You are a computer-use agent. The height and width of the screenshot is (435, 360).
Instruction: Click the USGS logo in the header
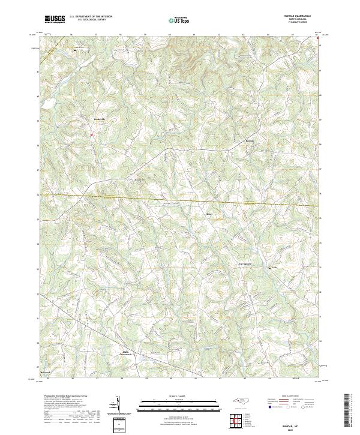(x=55, y=20)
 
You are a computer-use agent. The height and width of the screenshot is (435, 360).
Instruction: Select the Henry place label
(x=209, y=213)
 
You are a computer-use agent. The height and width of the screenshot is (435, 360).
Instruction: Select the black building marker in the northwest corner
(x=74, y=51)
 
